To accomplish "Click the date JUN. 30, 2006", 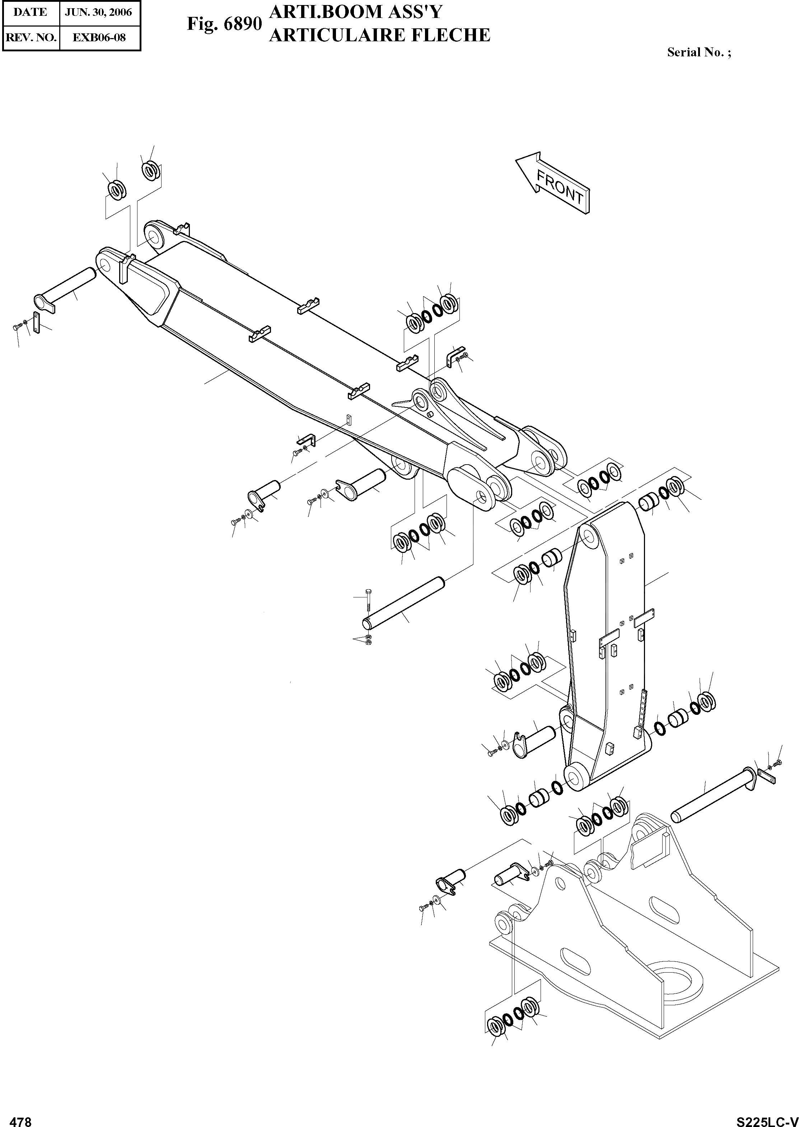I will pyautogui.click(x=98, y=12).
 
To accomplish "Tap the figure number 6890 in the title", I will pyautogui.click(x=242, y=24).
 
